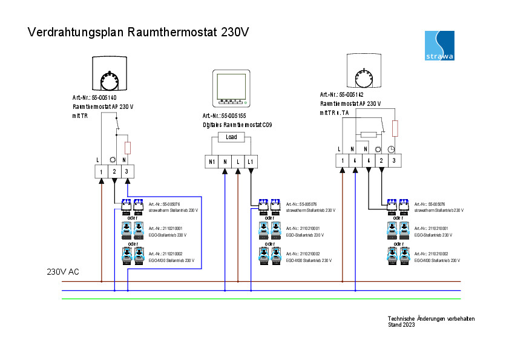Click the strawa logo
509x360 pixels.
click(x=440, y=45)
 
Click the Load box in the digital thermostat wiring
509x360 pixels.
click(x=232, y=137)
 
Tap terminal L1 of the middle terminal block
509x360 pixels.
click(x=251, y=162)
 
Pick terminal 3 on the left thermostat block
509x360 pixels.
click(x=127, y=172)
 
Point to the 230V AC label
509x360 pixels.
click(x=63, y=272)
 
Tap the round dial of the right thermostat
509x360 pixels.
click(x=365, y=77)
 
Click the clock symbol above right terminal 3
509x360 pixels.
click(x=392, y=149)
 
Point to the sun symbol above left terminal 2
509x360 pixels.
click(x=114, y=160)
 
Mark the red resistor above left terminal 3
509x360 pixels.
click(x=128, y=148)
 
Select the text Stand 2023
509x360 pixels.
click(x=401, y=325)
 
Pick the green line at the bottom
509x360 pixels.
click(x=260, y=299)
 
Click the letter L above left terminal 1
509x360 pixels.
click(x=98, y=160)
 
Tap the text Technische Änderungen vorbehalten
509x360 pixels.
click(x=431, y=319)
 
